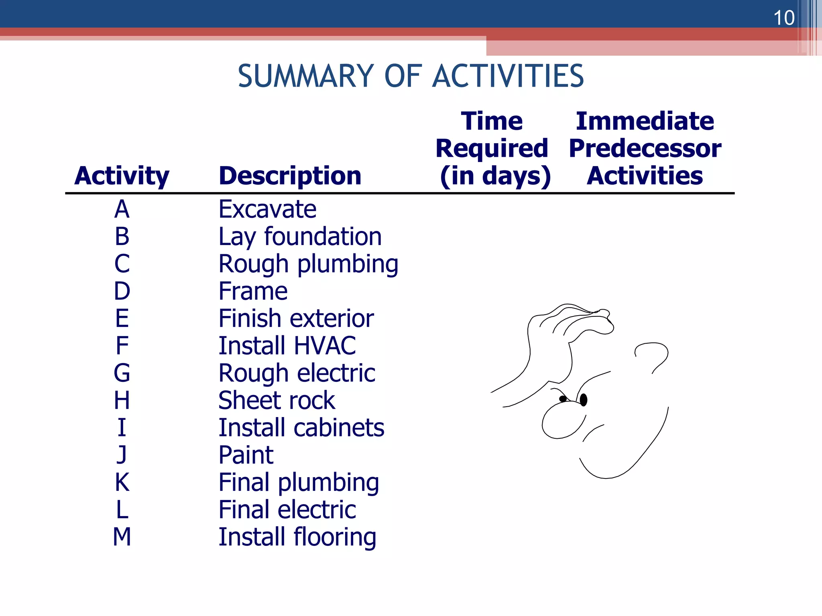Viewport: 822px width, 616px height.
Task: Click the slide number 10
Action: tap(783, 18)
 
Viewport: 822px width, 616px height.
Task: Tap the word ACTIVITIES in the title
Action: tap(508, 76)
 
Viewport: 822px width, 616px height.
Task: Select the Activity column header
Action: tap(122, 176)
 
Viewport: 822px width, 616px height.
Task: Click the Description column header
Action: tap(290, 176)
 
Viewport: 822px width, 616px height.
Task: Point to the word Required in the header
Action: tap(492, 148)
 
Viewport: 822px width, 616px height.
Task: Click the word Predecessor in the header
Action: tap(645, 148)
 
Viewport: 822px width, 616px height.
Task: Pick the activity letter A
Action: tap(122, 209)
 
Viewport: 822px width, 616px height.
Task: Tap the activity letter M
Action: tap(122, 537)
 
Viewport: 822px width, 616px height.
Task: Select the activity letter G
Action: tap(122, 373)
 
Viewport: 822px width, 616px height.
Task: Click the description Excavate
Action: tap(267, 209)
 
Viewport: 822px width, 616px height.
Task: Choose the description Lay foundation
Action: tap(300, 237)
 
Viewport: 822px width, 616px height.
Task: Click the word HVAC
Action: tap(325, 346)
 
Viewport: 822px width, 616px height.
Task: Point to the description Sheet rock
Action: tap(277, 400)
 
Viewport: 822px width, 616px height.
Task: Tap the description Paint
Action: tap(246, 455)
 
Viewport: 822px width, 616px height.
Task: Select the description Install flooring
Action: tap(297, 537)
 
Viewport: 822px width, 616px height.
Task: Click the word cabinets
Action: tap(339, 428)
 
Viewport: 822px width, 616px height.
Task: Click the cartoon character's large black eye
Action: tap(584, 399)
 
